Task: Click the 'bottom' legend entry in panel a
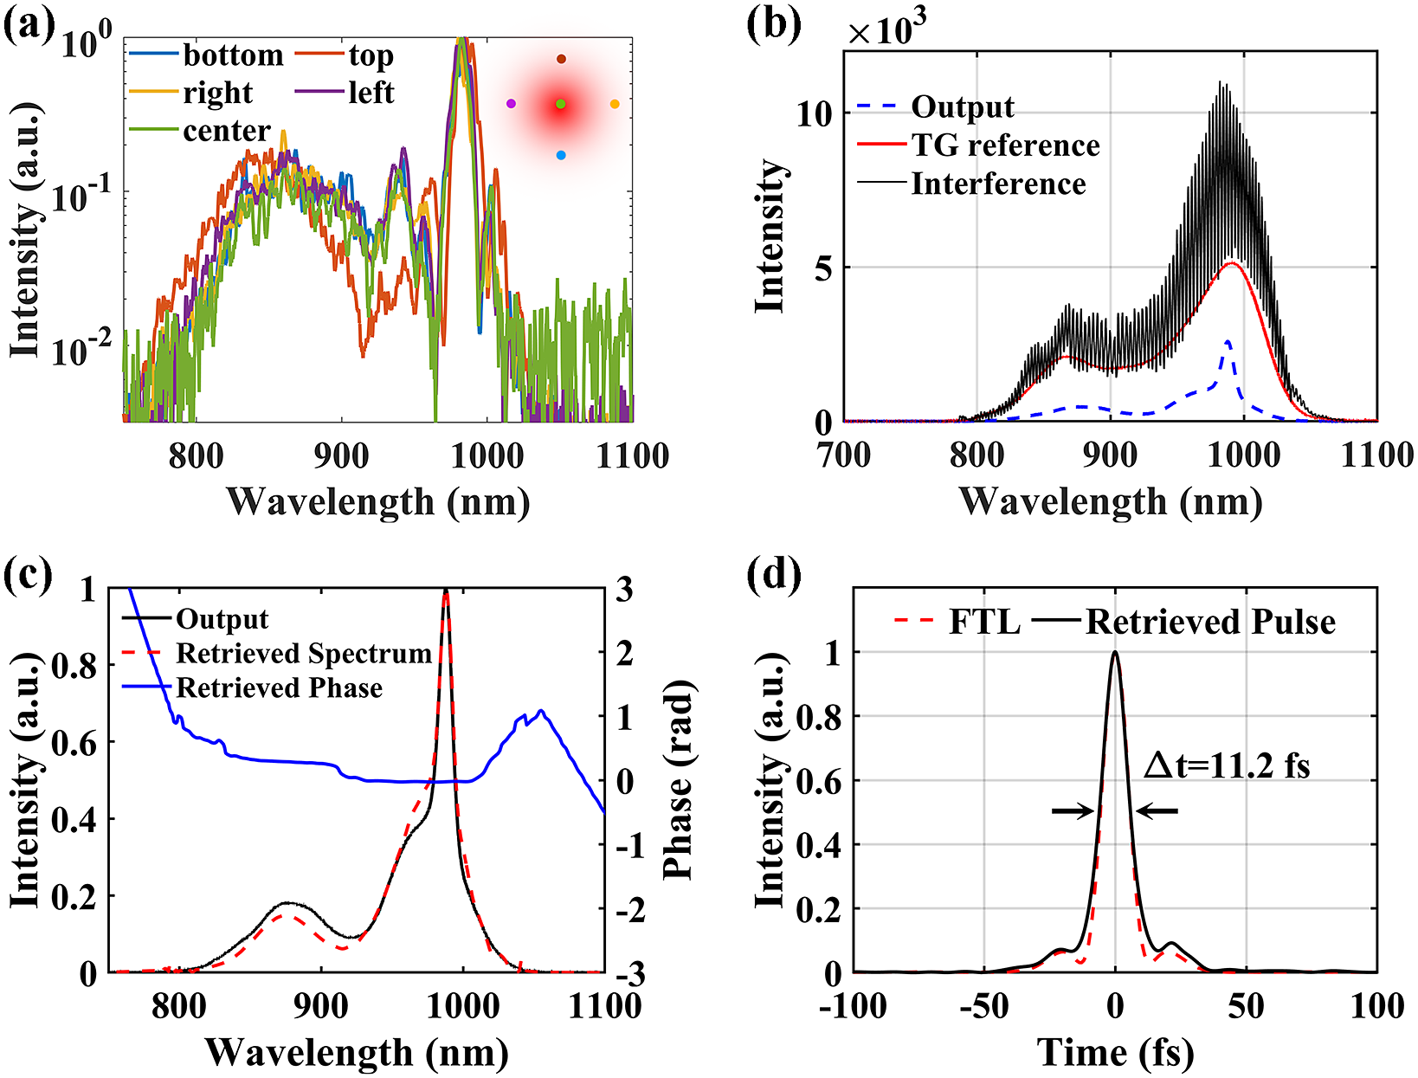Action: (x=232, y=55)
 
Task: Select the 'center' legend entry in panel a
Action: (x=226, y=131)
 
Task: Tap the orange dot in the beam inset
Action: (x=615, y=104)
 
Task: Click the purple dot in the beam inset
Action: (x=511, y=104)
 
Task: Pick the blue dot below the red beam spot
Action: (x=561, y=155)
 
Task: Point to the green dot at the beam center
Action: (x=561, y=104)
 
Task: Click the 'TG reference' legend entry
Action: (x=1004, y=145)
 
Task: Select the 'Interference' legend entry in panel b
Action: (x=997, y=184)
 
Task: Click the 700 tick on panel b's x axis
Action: (x=844, y=455)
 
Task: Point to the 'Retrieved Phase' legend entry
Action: (x=279, y=687)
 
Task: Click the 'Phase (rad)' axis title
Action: (x=679, y=779)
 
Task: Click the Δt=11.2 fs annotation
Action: (x=1227, y=765)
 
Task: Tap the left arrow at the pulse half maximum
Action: (x=1073, y=811)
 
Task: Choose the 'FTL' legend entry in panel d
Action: (x=983, y=622)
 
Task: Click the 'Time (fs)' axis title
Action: (x=1115, y=1052)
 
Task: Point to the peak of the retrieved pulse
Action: (x=1115, y=653)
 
